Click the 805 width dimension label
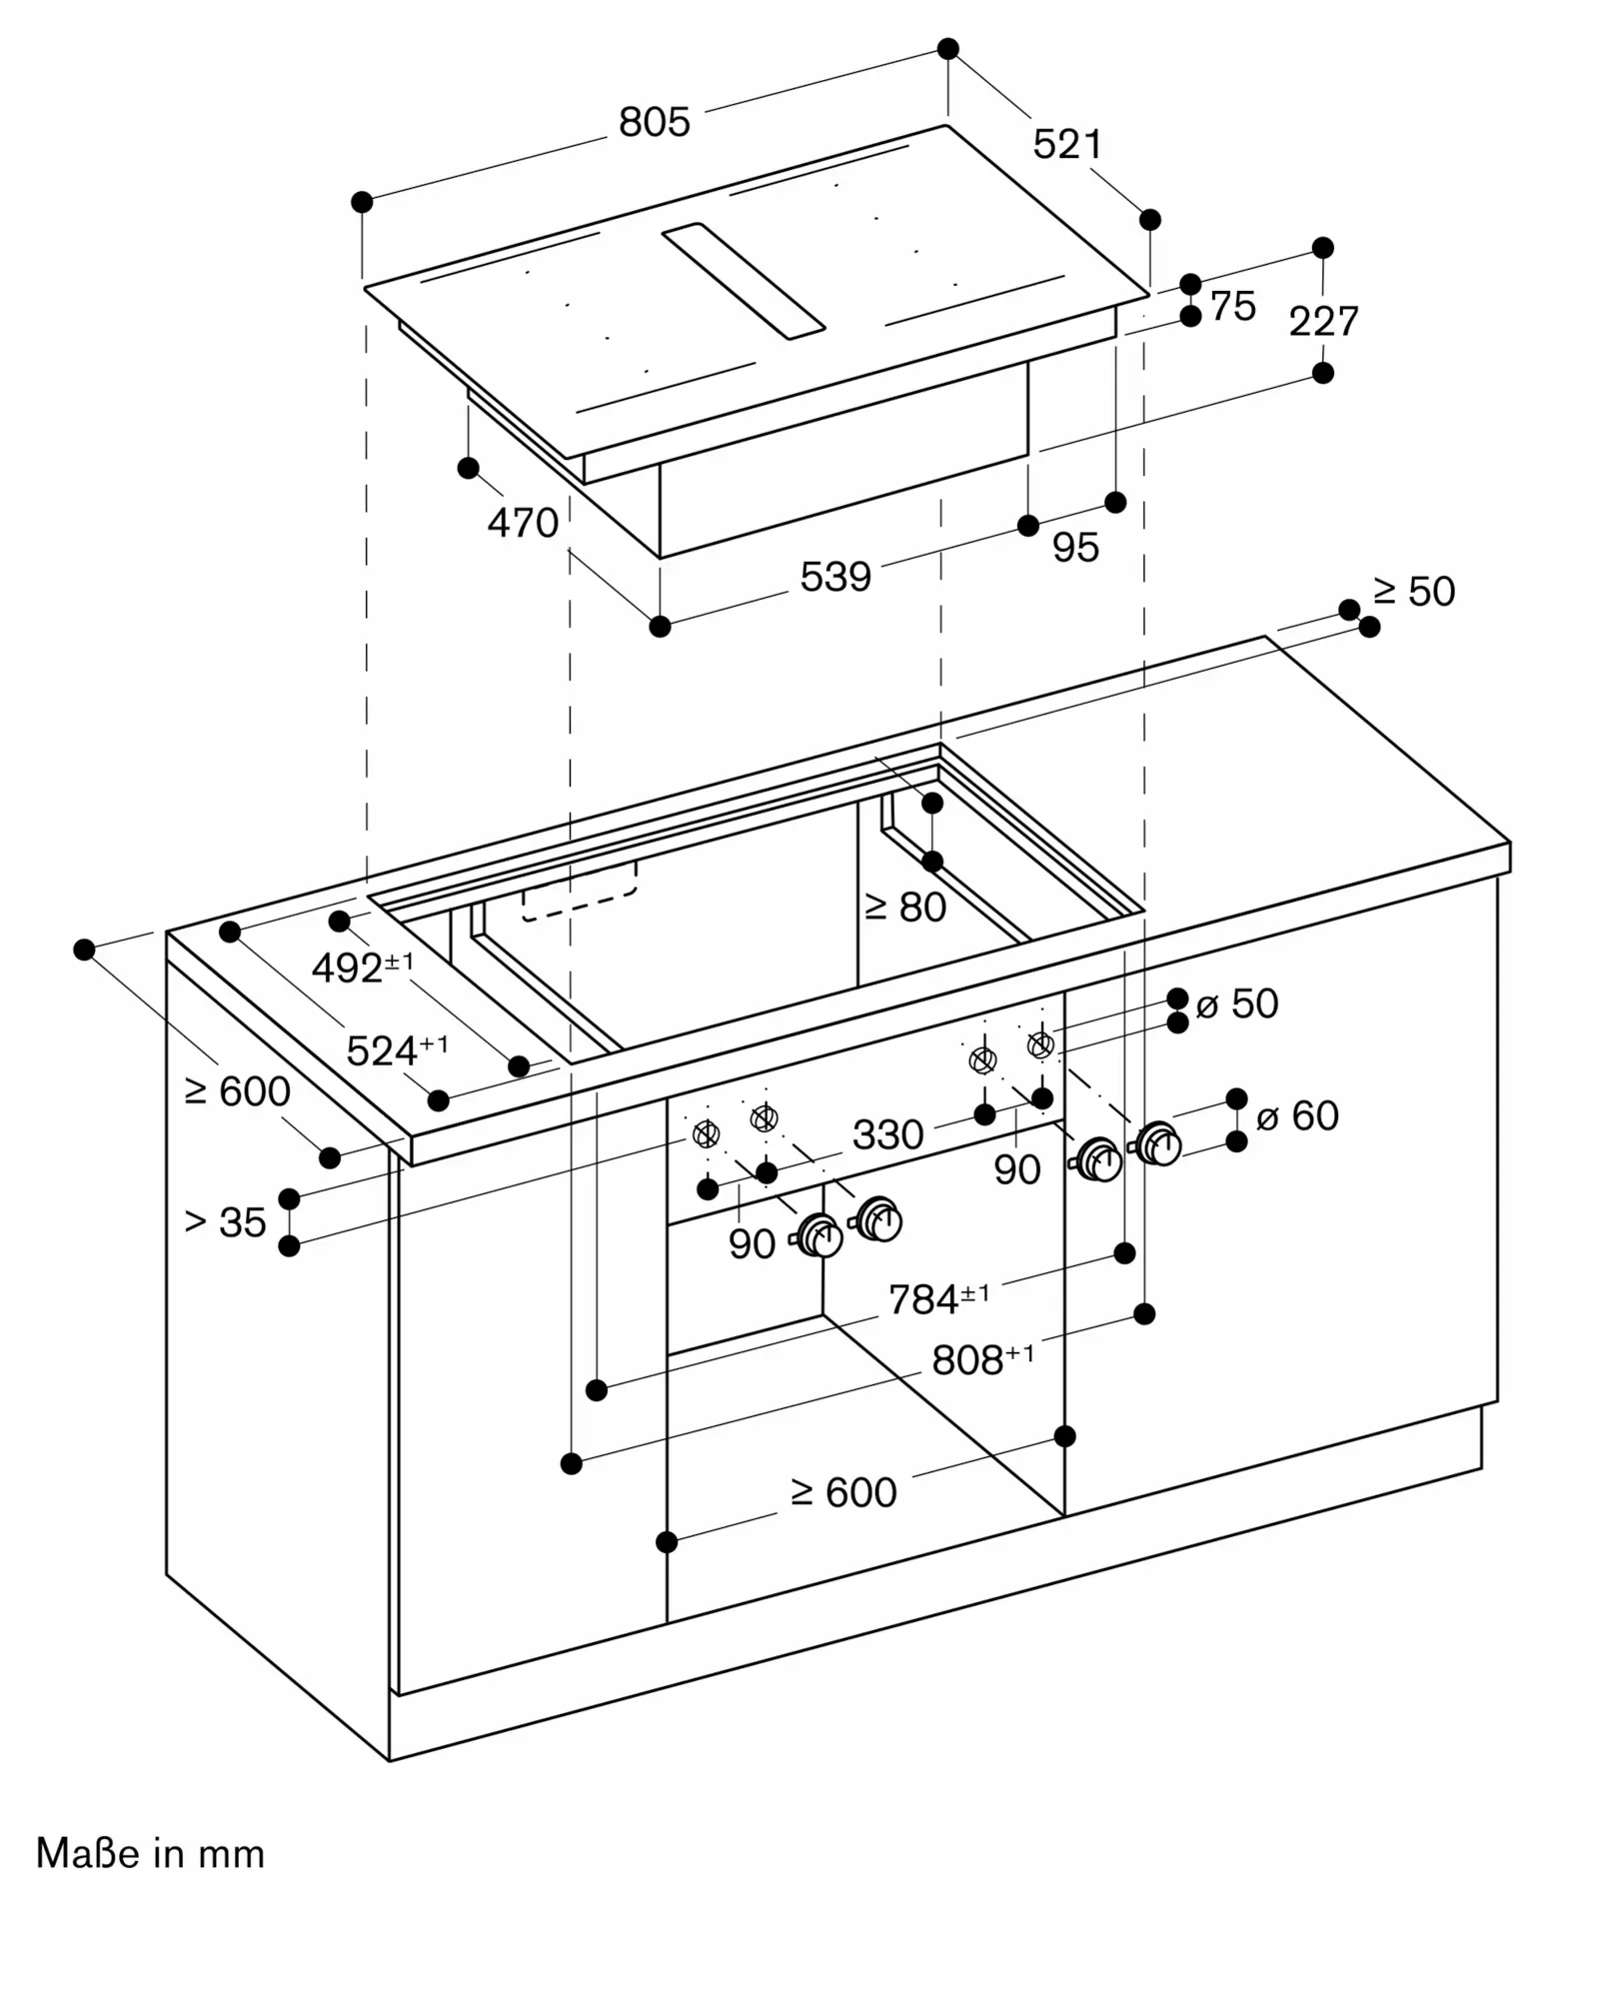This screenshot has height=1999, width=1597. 655,122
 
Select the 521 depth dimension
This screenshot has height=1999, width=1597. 1067,145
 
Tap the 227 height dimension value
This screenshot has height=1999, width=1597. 1324,321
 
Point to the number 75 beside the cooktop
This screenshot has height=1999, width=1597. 1233,306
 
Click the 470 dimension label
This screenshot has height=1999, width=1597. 523,523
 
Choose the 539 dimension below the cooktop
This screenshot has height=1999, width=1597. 835,577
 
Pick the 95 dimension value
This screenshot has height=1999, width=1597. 1076,547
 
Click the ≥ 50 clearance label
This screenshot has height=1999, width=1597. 1414,591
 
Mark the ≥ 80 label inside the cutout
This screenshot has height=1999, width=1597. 905,907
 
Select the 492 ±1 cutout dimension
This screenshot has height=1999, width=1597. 363,967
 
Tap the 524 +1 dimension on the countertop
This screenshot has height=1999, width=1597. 398,1049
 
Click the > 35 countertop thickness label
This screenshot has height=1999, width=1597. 226,1221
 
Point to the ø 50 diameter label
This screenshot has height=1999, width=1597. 1237,1003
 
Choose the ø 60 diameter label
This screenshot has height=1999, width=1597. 1297,1115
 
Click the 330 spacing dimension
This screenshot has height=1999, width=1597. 887,1134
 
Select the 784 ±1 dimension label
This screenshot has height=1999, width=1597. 939,1298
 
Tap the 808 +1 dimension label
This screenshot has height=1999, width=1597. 983,1358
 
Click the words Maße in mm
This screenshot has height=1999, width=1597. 151,1854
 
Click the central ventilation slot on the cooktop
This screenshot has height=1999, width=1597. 744,281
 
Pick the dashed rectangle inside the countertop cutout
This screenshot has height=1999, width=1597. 580,891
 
